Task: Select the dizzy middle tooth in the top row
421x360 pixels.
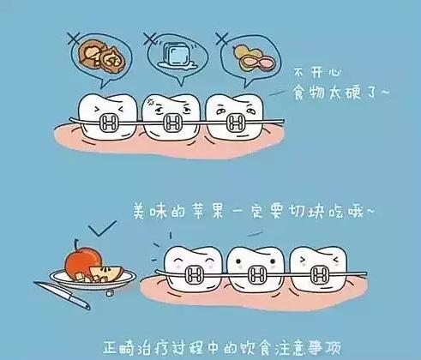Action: (170, 116)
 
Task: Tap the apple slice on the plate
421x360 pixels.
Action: (112, 272)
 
